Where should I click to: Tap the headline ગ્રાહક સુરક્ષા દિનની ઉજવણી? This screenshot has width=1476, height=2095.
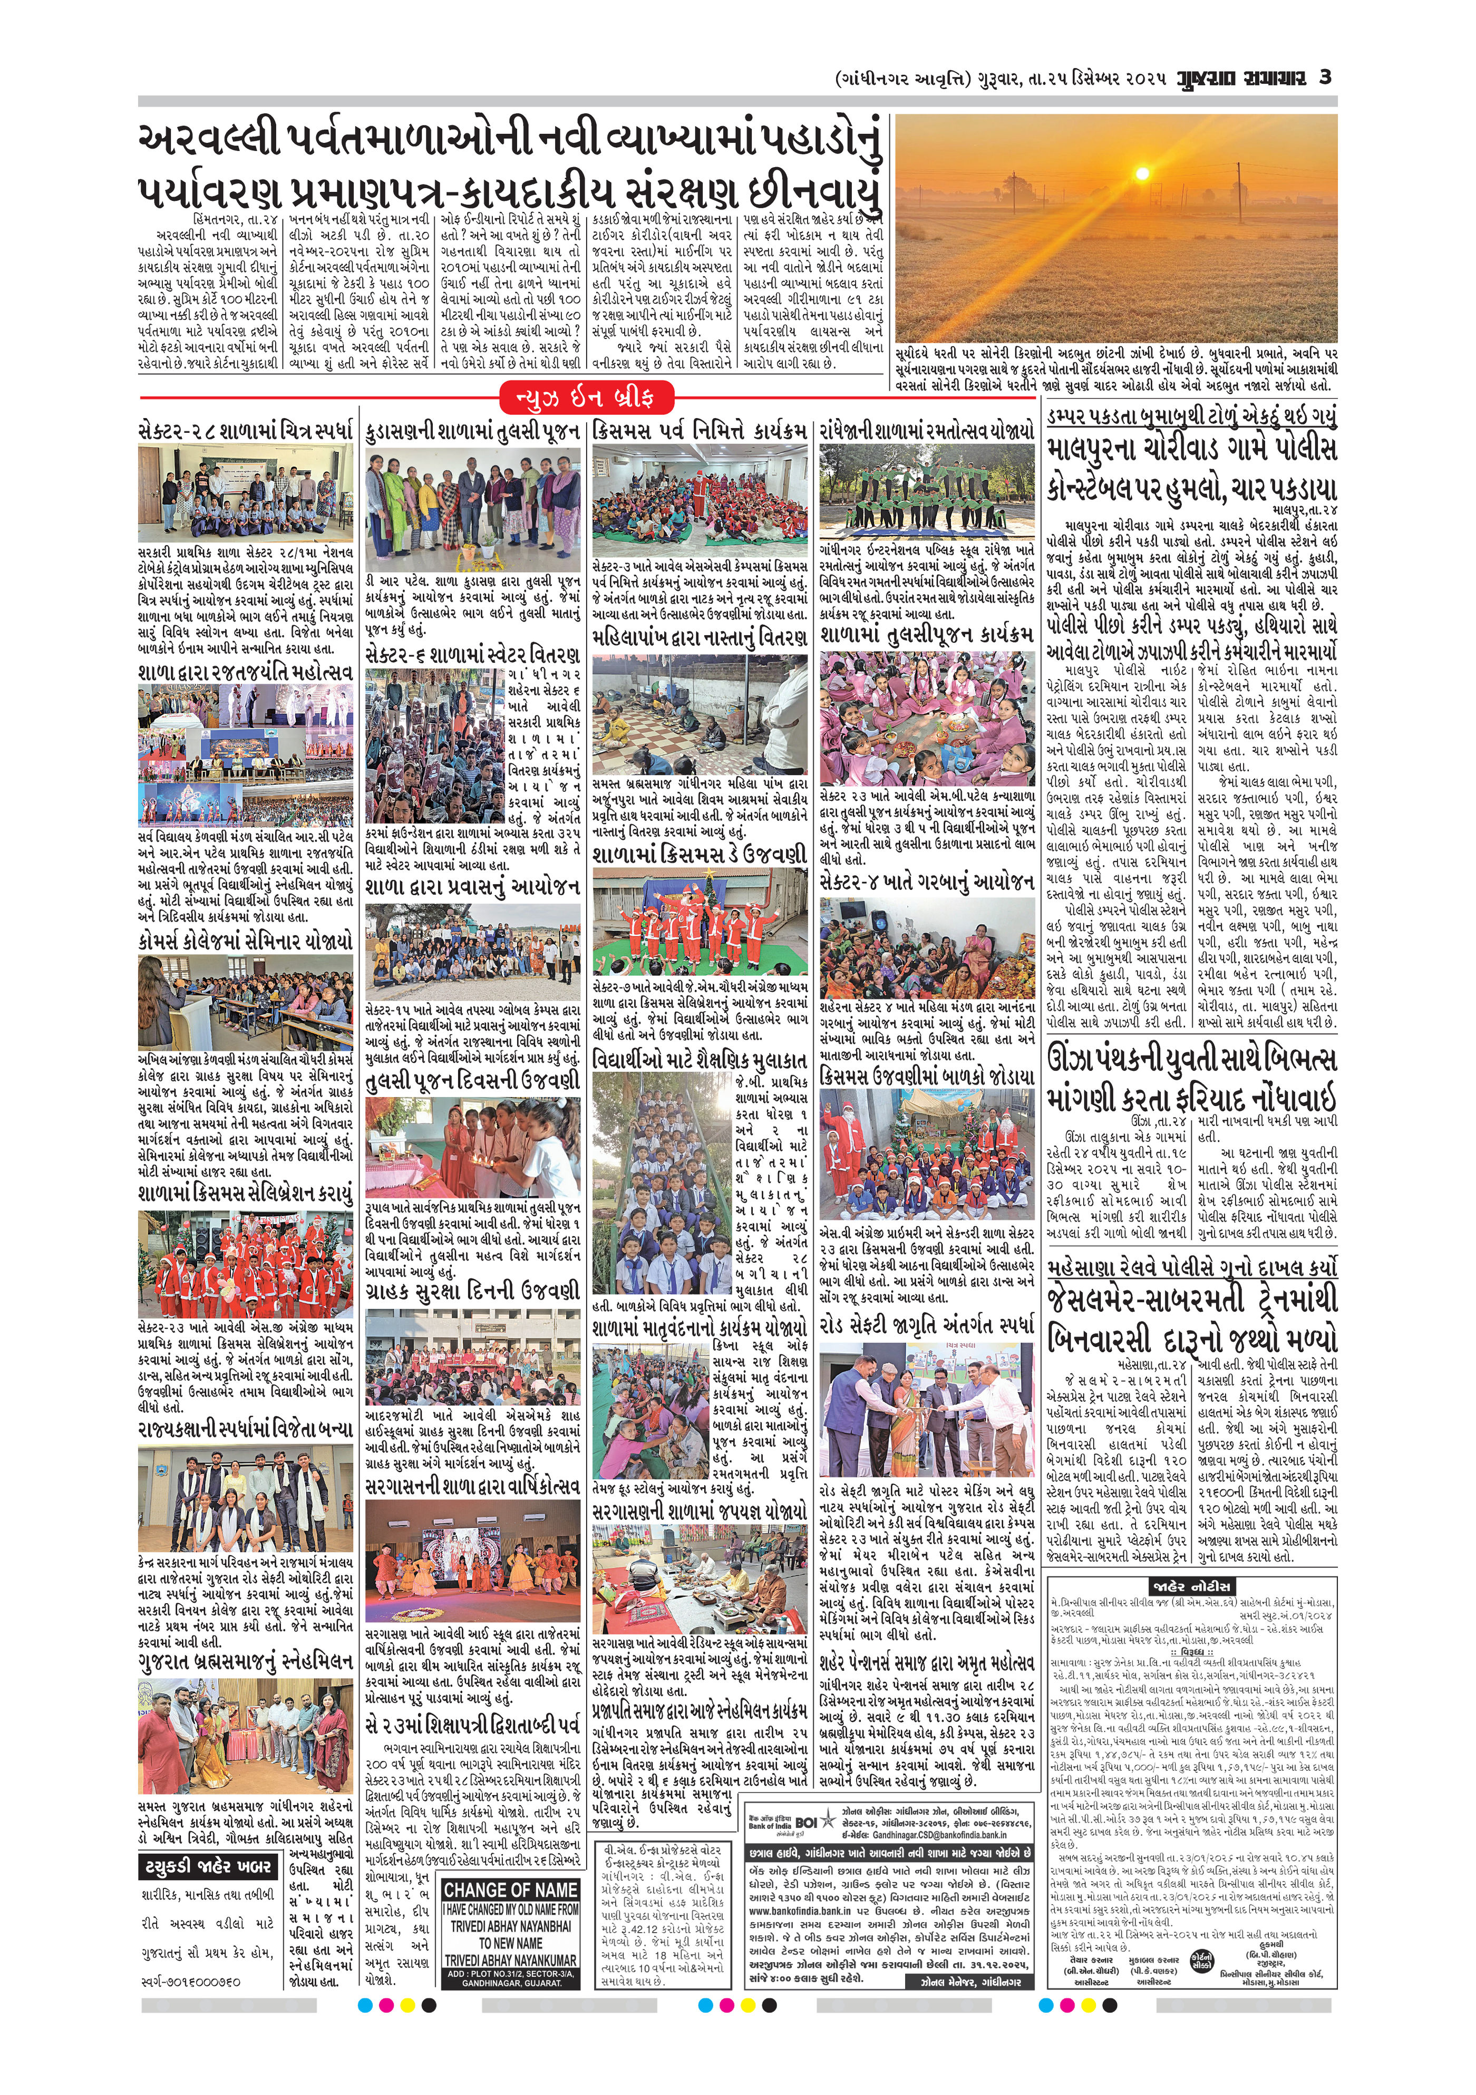pos(472,1291)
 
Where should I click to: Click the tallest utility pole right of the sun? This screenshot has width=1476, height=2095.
pos(1241,191)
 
